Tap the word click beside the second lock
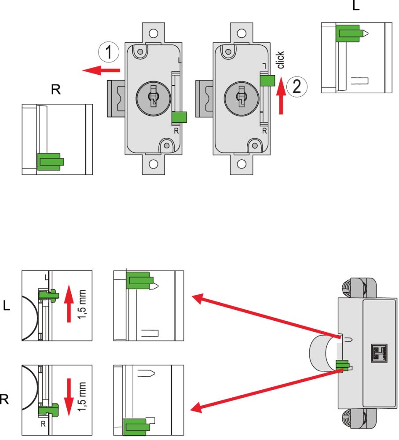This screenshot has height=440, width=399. (x=281, y=60)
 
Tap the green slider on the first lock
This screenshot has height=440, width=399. (x=179, y=117)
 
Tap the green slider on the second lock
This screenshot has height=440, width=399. (x=267, y=80)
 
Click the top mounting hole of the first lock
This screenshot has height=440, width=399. (x=153, y=33)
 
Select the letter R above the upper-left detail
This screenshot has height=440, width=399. (x=55, y=90)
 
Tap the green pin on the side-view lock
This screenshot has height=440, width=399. (x=343, y=365)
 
